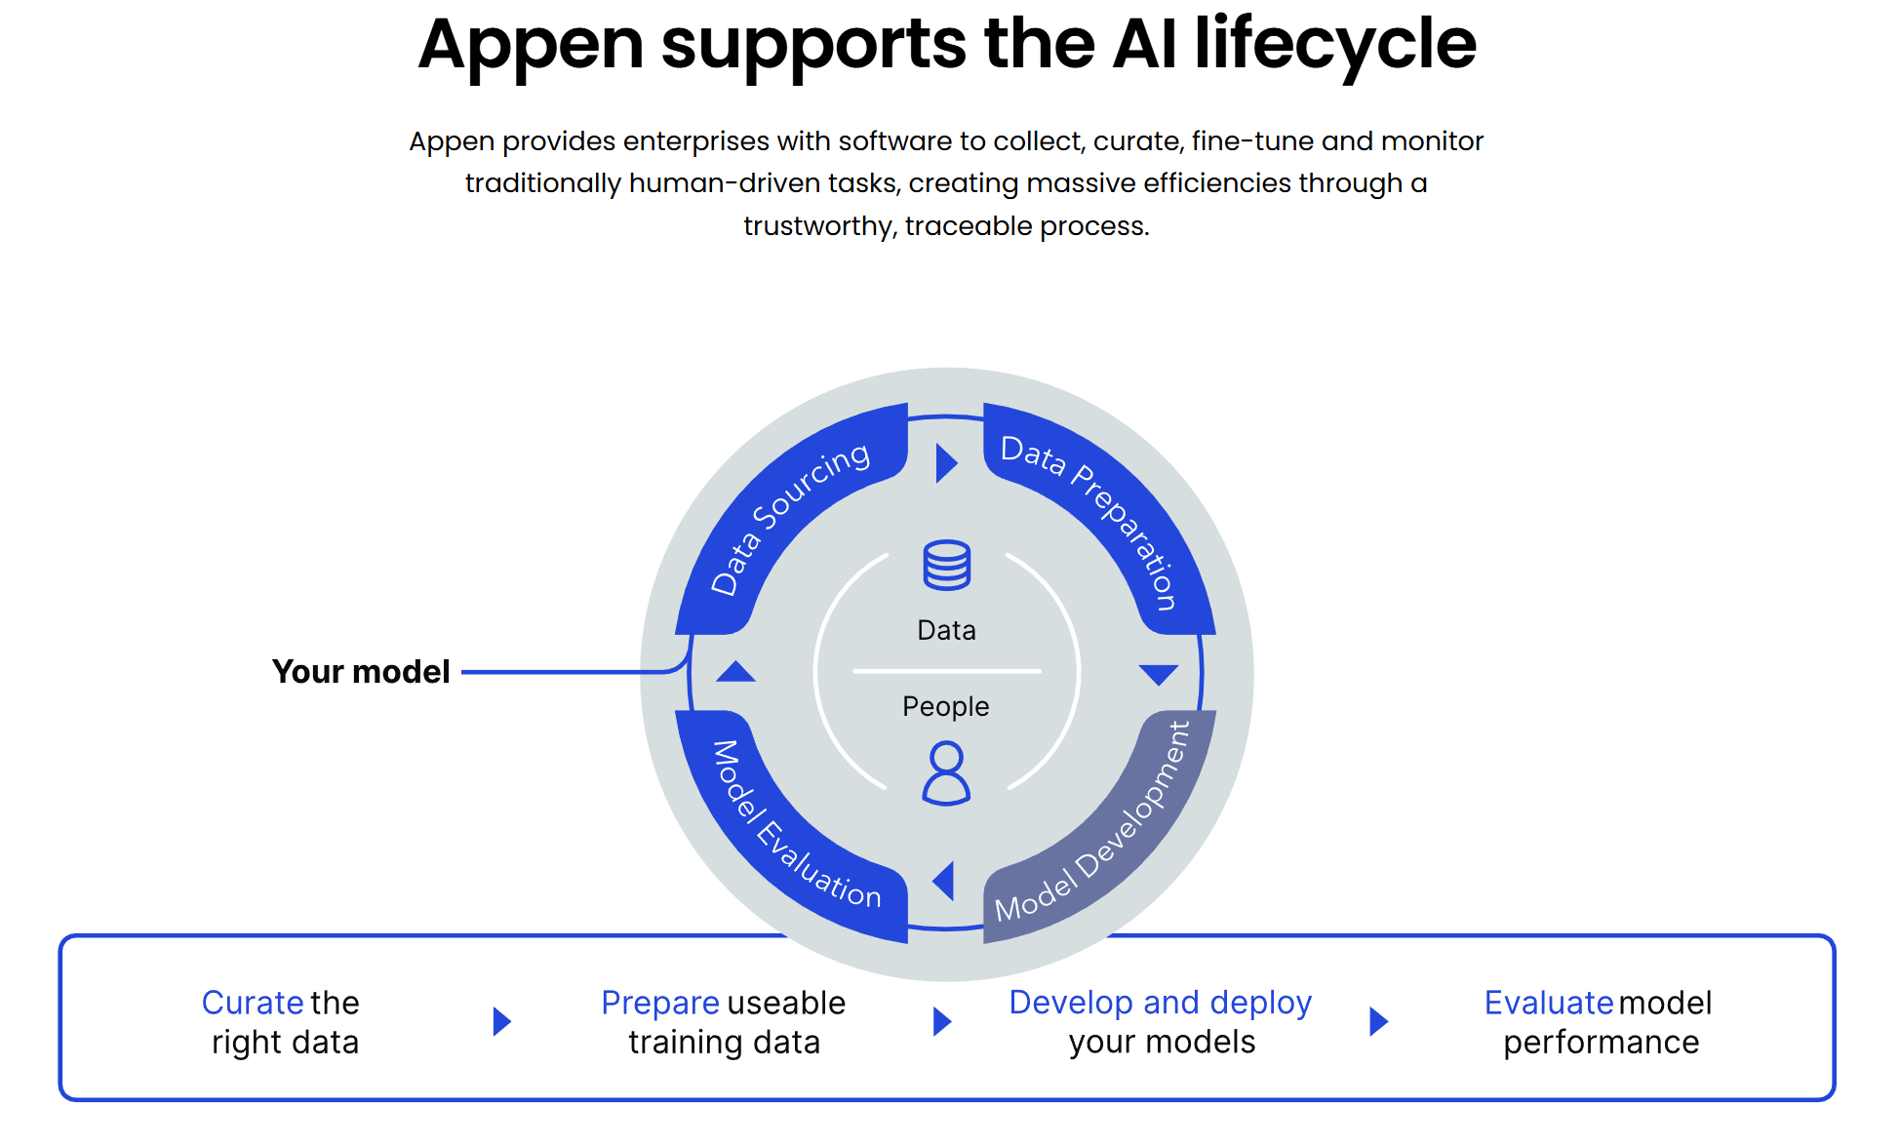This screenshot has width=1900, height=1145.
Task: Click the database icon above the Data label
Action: [x=946, y=565]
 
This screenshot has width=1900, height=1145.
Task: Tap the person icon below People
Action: [x=946, y=772]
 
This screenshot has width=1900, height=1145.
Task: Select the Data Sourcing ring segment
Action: [x=790, y=517]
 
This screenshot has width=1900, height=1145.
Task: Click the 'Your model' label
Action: [x=361, y=672]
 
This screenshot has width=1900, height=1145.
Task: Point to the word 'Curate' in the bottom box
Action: [x=253, y=1003]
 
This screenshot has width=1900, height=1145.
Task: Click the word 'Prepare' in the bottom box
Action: [x=660, y=1003]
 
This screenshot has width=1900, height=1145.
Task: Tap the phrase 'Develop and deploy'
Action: [x=1160, y=1003]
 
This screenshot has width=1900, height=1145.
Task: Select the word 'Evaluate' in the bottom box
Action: [x=1548, y=1003]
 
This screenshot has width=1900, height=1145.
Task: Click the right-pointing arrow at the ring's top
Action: [x=946, y=463]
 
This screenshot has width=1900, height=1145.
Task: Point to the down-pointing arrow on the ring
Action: [x=1159, y=675]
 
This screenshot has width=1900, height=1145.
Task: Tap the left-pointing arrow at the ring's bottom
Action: [x=943, y=882]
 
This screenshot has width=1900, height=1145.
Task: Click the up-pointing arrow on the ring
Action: [x=735, y=672]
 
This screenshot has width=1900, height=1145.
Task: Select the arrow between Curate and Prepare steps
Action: [x=502, y=1021]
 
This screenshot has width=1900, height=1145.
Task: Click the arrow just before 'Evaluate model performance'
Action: [x=1378, y=1021]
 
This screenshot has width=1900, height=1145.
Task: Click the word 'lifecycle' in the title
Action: [x=1335, y=45]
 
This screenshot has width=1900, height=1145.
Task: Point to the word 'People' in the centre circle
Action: [x=945, y=706]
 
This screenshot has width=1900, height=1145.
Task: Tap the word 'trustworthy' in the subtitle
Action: [x=818, y=226]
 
